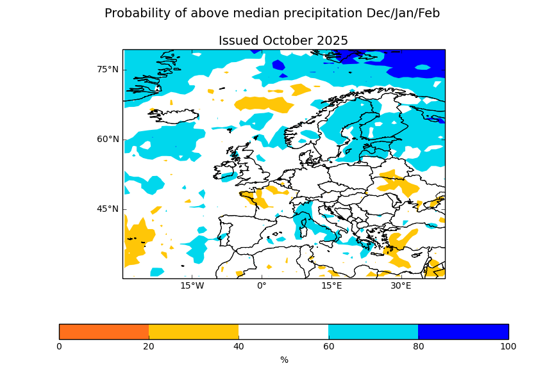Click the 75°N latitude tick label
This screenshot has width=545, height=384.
click(x=108, y=70)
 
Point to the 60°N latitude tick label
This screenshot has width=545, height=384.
click(x=108, y=140)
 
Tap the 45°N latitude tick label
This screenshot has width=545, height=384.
click(x=108, y=209)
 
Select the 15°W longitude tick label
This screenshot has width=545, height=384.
click(x=192, y=285)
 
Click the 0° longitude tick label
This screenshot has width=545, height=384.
click(x=262, y=285)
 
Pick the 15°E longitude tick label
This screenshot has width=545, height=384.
click(x=331, y=285)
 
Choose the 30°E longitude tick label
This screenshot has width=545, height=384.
click(x=401, y=285)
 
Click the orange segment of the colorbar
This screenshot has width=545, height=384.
click(x=104, y=332)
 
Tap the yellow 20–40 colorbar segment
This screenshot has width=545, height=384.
click(x=194, y=332)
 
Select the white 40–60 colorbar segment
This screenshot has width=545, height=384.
click(x=283, y=332)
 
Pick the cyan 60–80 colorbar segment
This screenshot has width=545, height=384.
click(x=373, y=332)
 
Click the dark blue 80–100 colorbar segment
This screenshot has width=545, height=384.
click(x=463, y=332)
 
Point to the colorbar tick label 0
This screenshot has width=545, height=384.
click(x=59, y=347)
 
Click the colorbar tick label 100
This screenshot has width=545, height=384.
click(x=508, y=347)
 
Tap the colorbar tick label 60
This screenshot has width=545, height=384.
click(x=328, y=347)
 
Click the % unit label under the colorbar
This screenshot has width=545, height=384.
click(x=284, y=360)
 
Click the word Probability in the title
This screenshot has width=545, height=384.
click(x=135, y=13)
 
